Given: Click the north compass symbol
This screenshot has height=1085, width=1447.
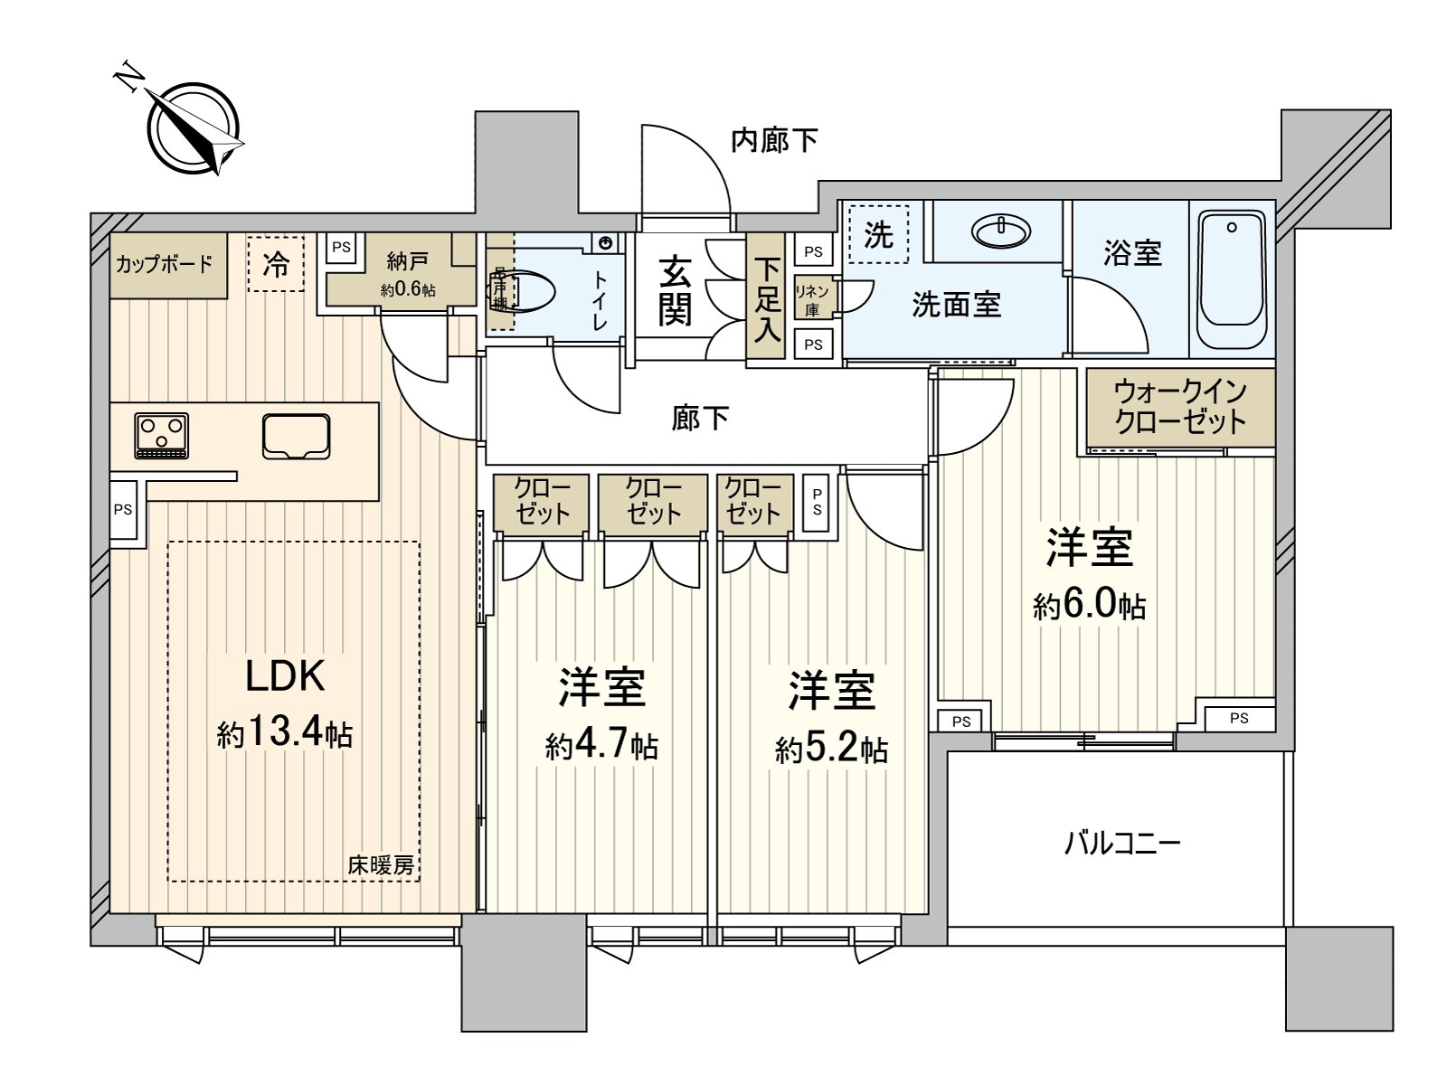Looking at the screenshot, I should click(x=195, y=129).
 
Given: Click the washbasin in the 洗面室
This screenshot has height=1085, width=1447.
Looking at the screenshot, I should click(x=1000, y=231).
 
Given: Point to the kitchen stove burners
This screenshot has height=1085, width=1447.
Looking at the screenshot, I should click(x=162, y=435).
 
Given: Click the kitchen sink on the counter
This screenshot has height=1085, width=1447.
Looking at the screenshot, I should click(x=297, y=436).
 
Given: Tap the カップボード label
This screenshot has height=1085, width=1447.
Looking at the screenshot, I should click(x=164, y=264).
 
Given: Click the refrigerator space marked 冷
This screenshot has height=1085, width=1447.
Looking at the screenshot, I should click(x=276, y=264).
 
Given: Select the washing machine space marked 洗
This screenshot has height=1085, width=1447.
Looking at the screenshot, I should click(x=878, y=235).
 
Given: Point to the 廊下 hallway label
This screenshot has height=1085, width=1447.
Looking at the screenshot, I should click(x=700, y=418).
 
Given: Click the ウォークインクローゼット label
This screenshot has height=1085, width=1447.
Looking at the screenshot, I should click(x=1180, y=407).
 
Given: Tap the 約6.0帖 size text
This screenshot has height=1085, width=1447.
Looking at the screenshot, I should click(x=1090, y=605).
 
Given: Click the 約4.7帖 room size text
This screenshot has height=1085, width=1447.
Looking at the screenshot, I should click(x=601, y=746).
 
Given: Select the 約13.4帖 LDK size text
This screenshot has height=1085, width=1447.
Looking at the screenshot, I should click(x=285, y=733).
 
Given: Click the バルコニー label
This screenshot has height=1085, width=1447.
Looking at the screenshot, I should click(x=1121, y=844).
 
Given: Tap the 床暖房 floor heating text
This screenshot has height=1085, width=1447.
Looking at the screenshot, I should click(x=381, y=865).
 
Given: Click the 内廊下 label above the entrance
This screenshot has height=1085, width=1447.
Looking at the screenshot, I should click(x=774, y=140).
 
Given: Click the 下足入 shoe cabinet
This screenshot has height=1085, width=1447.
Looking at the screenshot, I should click(x=767, y=299).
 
